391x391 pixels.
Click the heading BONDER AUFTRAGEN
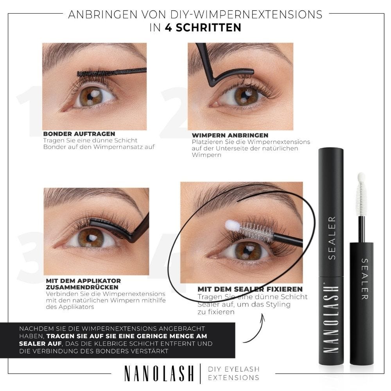(x=79, y=134)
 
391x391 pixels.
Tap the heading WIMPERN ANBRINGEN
(x=230, y=135)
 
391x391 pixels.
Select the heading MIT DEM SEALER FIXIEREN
(x=250, y=289)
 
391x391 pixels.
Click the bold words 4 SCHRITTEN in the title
(x=203, y=27)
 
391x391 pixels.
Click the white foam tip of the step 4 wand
(x=232, y=226)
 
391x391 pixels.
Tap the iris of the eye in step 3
(x=91, y=238)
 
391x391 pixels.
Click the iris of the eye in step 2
(x=246, y=96)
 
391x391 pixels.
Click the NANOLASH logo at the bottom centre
(x=159, y=373)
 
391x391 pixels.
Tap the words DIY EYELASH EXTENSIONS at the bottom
(x=234, y=373)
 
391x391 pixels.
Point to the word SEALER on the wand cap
(x=365, y=279)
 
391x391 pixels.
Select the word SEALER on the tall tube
(x=332, y=238)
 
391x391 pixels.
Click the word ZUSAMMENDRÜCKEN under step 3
(x=82, y=287)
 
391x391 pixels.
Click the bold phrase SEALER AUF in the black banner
(x=40, y=343)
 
